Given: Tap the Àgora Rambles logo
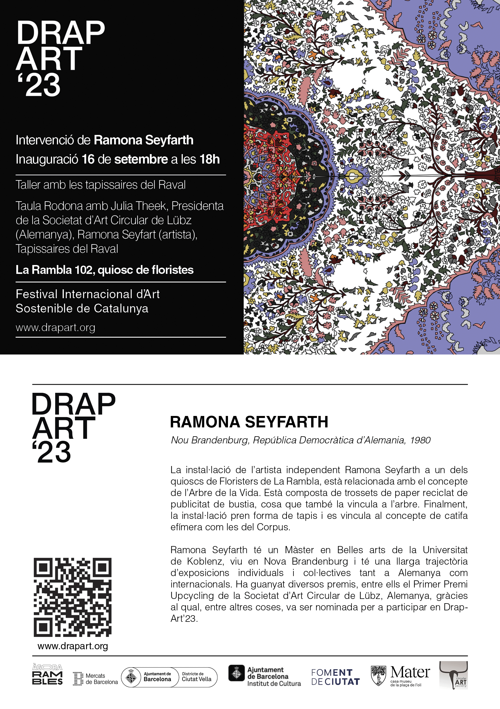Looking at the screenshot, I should tap(47, 674).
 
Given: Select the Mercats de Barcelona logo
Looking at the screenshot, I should tap(95, 678).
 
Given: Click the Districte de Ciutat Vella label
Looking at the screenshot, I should tap(197, 677).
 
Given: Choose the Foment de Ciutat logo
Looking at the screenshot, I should tap(335, 677).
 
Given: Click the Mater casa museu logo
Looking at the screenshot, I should tap(400, 676).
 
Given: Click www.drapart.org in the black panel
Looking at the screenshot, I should tap(55, 327).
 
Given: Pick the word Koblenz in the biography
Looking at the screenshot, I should tap(205, 561).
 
